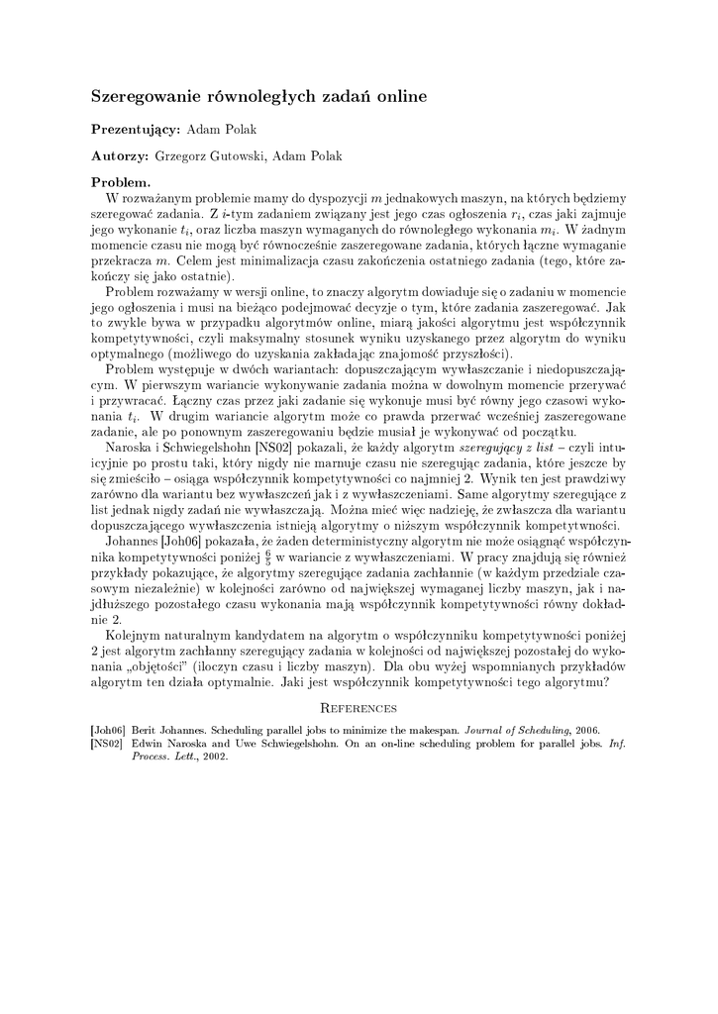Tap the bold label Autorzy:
coord(120,156)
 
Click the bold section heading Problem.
coord(121,183)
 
